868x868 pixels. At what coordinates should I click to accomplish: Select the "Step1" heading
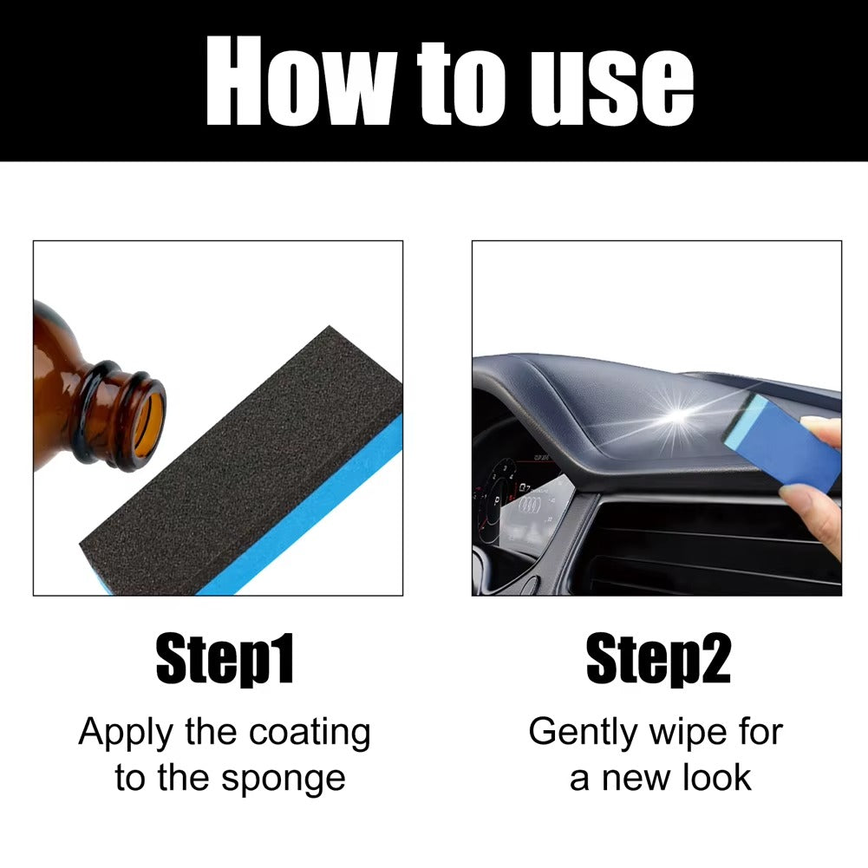point(225,659)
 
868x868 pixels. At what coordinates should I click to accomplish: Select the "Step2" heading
point(659,659)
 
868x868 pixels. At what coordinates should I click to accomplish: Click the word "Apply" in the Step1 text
point(127,733)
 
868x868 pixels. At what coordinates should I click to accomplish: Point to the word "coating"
point(310,734)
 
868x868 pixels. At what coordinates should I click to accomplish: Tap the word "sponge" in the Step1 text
point(284,780)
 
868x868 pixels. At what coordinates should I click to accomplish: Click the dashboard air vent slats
point(715,545)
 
